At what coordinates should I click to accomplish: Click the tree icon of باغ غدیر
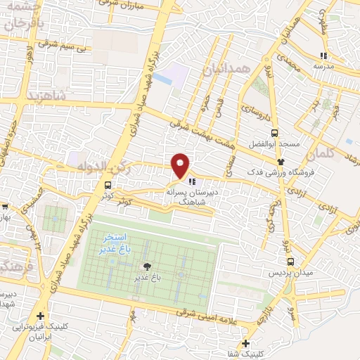[146, 266]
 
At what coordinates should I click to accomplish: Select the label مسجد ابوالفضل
[278, 144]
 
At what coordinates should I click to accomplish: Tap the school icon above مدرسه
[324, 55]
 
